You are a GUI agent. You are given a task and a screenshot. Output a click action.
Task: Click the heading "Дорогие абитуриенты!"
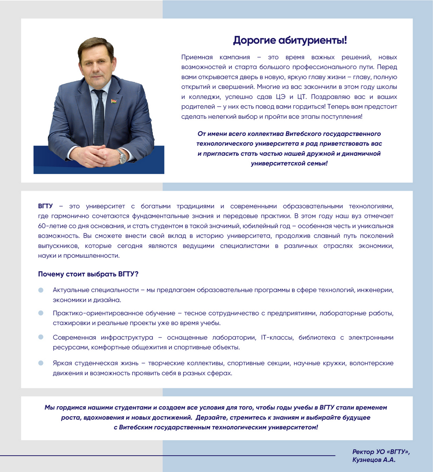pyautogui.click(x=289, y=40)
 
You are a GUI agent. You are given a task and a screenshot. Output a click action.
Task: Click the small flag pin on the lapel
pyautogui.click(x=114, y=100)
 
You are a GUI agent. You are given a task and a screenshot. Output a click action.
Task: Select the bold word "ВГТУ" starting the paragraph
pyautogui.click(x=46, y=206)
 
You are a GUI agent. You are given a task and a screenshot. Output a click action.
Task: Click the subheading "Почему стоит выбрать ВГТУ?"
pyautogui.click(x=88, y=274)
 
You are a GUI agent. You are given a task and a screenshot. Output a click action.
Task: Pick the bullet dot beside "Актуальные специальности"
pyautogui.click(x=41, y=290)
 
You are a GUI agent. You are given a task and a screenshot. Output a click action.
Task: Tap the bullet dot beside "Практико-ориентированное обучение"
pyautogui.click(x=41, y=313)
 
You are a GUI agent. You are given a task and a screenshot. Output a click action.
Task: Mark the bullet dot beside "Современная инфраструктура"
pyautogui.click(x=41, y=337)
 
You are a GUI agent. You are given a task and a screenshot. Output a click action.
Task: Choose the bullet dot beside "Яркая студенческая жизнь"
pyautogui.click(x=41, y=363)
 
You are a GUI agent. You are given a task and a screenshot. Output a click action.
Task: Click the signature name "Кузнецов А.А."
pyautogui.click(x=374, y=460)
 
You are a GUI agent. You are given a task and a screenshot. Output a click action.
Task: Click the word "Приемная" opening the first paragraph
pyautogui.click(x=197, y=57)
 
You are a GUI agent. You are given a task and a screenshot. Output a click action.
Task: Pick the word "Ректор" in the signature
pyautogui.click(x=363, y=452)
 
